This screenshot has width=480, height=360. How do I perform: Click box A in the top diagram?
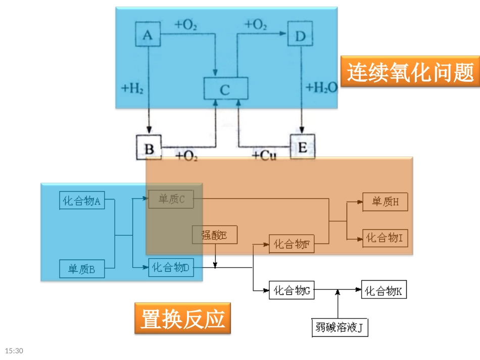pos(148,35)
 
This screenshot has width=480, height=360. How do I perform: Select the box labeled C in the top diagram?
pos(225,89)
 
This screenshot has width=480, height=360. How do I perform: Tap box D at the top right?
pos(300,35)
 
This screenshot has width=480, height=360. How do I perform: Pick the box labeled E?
pos(302,147)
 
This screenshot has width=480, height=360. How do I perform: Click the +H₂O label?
pos(321,88)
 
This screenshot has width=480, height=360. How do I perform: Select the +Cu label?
pos(264,156)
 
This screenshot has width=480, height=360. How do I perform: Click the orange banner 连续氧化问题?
pos(410,72)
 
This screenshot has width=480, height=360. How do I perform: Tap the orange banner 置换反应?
pos(182,318)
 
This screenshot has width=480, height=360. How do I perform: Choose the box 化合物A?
pos(81,201)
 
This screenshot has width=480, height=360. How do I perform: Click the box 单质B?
pos(81,269)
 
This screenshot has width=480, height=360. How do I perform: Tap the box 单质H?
pos(385,202)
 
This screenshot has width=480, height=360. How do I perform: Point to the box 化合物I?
pos(385,238)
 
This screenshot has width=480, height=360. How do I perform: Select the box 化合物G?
pos(292,291)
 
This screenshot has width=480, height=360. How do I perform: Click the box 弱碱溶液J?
pos(339,328)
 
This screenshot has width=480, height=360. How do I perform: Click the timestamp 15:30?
pos(15,350)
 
